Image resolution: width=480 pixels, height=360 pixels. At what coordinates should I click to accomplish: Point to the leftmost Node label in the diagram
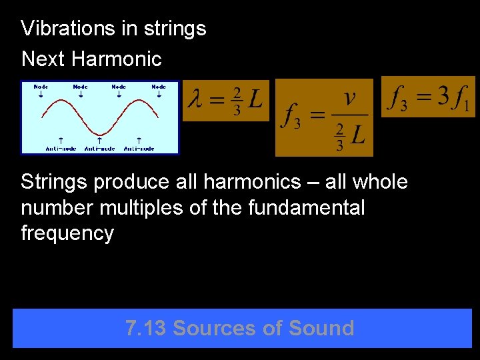[x=41, y=87]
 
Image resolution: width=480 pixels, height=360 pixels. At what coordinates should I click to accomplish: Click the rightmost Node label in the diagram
[x=159, y=87]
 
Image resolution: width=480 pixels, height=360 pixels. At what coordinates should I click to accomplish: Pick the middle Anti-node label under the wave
[x=99, y=148]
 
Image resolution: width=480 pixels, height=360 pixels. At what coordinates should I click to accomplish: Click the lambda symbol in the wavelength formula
[x=196, y=101]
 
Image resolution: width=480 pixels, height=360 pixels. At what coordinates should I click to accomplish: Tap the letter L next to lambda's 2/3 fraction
[x=254, y=100]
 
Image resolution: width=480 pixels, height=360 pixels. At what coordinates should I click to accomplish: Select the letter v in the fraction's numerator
[x=349, y=99]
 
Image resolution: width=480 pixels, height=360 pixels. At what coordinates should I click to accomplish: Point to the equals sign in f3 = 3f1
[x=421, y=99]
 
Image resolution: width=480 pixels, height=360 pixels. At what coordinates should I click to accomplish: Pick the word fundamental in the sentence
[x=306, y=208]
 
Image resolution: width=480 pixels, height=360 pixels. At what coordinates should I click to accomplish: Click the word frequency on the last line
[x=67, y=234]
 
